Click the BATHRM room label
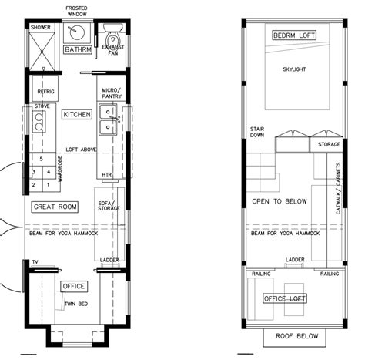78,50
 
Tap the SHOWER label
40,27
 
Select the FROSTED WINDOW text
77,11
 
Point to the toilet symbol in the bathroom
112,39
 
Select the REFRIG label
45,91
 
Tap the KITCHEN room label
77,114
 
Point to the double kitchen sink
109,121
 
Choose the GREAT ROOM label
55,207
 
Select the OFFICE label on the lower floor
73,286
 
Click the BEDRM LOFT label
295,35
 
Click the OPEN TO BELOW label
280,201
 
